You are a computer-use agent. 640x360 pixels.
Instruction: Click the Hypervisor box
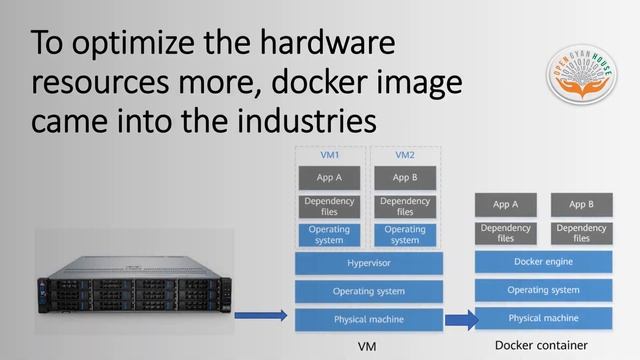tap(368, 263)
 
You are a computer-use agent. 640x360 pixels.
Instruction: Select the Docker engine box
tap(543, 262)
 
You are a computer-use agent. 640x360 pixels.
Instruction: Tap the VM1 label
tap(329, 155)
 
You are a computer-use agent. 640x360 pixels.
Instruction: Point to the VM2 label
tap(405, 155)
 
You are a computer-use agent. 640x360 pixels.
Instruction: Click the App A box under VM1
tap(329, 178)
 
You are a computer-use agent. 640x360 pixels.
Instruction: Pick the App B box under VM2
tap(405, 178)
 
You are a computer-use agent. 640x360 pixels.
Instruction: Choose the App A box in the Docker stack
tap(506, 205)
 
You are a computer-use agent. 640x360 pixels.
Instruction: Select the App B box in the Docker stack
tap(581, 205)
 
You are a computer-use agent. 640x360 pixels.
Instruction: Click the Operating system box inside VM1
tap(329, 235)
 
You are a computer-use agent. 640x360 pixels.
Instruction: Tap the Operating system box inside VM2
tap(405, 235)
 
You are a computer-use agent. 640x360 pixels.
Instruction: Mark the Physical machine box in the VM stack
tap(368, 319)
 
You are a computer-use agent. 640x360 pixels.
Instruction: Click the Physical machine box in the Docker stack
tap(543, 318)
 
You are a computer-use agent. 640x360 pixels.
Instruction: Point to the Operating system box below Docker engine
tap(543, 290)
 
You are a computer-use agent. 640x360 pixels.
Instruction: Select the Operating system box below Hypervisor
tap(368, 291)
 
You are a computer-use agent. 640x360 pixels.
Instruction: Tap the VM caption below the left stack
tap(367, 346)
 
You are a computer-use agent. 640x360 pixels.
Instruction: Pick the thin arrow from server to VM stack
tap(261, 317)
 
